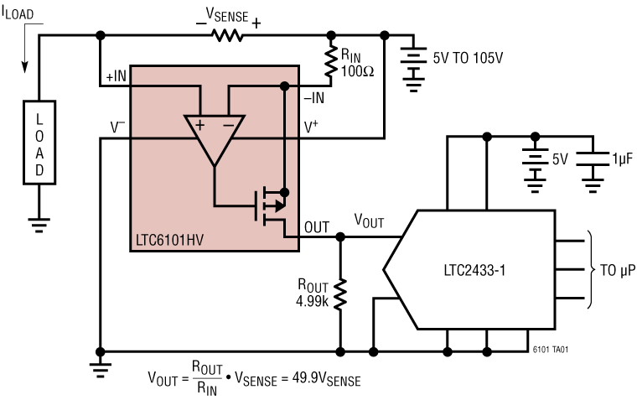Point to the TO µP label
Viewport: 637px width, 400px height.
(x=617, y=272)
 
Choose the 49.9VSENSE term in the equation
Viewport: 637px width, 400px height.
(x=329, y=380)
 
